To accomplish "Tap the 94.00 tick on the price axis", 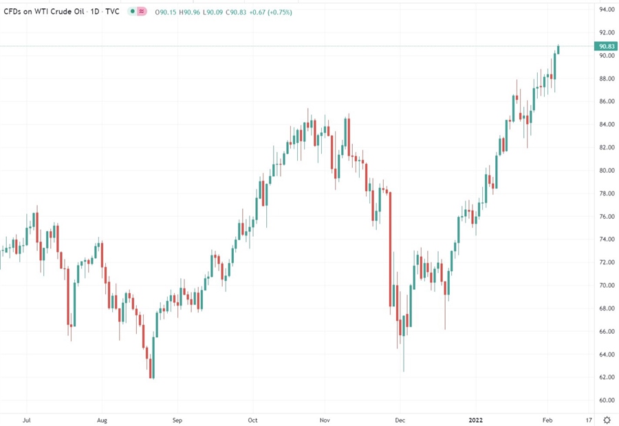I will [x=606, y=10].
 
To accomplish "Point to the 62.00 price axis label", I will [x=606, y=377].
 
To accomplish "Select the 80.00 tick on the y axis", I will [x=606, y=171].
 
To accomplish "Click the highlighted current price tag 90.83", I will [x=606, y=46].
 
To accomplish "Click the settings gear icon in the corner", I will [x=607, y=419].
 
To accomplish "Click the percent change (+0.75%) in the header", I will [x=278, y=12].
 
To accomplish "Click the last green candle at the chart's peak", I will [x=558, y=49].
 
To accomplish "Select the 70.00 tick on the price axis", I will [x=606, y=285].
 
